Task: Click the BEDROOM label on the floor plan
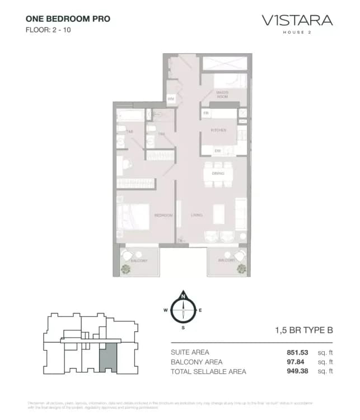point(163,215)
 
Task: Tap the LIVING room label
point(197,215)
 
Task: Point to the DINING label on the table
point(218,174)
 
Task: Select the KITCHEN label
point(218,130)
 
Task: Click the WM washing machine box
point(171,99)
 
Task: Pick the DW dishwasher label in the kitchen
point(217,151)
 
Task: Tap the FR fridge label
point(206,113)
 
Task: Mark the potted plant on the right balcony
point(241,268)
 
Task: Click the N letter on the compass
point(183,296)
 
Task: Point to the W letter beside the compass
point(166,310)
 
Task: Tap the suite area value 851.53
point(297,352)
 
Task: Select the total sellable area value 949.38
point(297,371)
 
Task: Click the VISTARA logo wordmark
point(297,21)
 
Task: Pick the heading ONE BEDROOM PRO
point(68,18)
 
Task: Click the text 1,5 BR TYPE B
point(305,330)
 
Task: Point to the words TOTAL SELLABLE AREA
point(208,371)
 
